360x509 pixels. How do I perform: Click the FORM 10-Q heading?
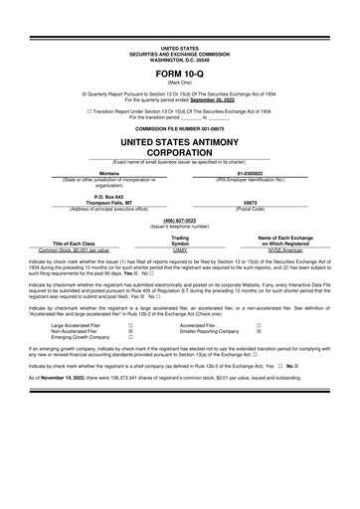pyautogui.click(x=180, y=75)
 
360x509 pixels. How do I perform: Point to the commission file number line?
pyautogui.click(x=180, y=129)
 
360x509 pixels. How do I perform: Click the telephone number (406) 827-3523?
pyautogui.click(x=180, y=220)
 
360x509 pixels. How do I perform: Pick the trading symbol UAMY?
pyautogui.click(x=180, y=251)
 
